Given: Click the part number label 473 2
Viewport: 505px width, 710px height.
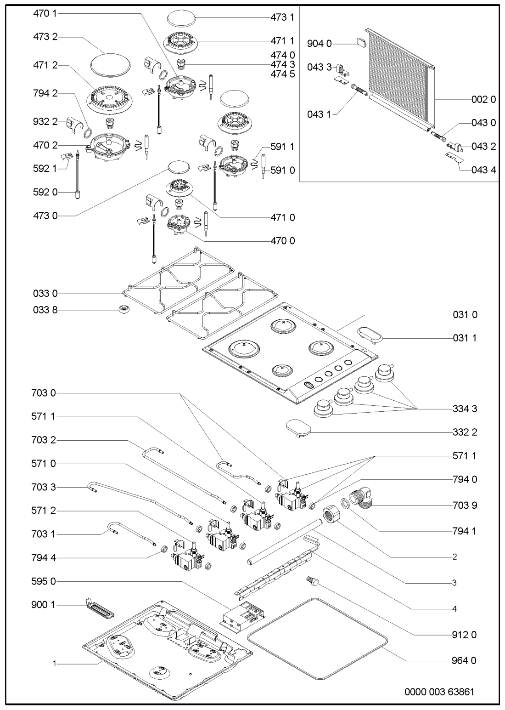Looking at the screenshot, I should coord(45,38).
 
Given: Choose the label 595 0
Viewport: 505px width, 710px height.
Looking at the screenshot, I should coord(45,582).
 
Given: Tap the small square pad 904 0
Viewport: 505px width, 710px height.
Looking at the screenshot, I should coord(361,44).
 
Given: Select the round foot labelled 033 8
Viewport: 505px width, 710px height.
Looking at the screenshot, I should coord(123,310).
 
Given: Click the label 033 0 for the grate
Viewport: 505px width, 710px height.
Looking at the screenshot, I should coord(45,293).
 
